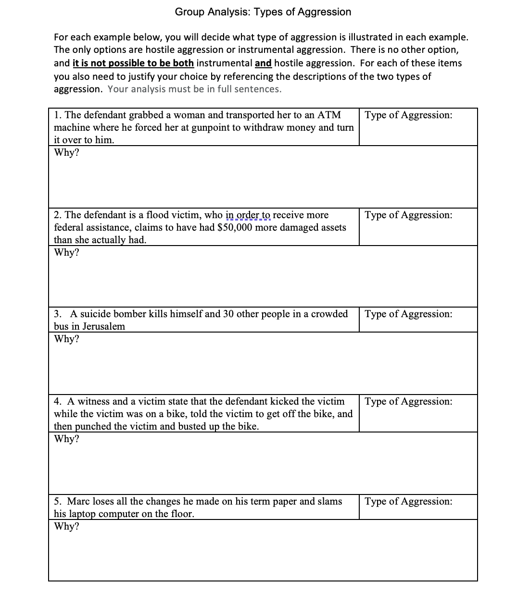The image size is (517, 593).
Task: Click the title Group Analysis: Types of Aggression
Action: point(263,12)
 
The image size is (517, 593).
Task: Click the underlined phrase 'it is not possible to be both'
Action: point(133,63)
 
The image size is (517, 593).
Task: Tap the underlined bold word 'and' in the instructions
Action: point(263,63)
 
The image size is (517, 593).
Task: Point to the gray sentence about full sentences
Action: point(194,89)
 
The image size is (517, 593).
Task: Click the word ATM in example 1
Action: point(329,115)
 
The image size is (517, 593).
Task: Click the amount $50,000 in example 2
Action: point(235,227)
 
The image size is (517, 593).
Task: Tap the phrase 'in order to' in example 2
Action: point(248,215)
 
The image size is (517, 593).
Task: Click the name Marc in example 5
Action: point(78,501)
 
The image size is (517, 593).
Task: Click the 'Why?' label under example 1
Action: point(66,152)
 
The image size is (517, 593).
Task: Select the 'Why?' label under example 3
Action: point(66,339)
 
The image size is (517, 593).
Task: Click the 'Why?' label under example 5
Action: point(66,526)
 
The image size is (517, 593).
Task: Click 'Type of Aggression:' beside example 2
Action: point(408,215)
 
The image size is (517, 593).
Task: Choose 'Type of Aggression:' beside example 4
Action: point(408,401)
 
